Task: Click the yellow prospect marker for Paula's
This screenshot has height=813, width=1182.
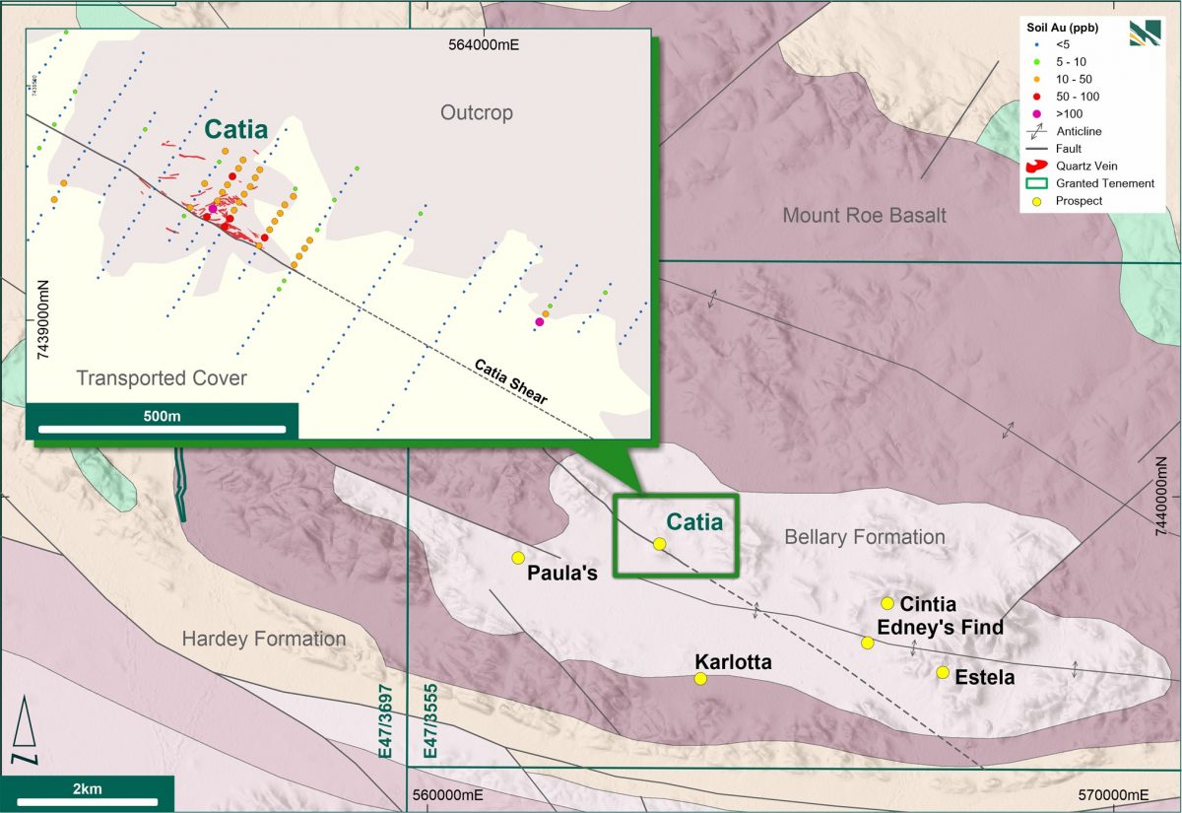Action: pyautogui.click(x=518, y=558)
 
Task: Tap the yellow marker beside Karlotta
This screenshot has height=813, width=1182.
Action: pyautogui.click(x=700, y=678)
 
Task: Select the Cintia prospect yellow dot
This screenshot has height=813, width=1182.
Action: pyautogui.click(x=887, y=603)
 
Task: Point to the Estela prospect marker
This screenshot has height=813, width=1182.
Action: pyautogui.click(x=943, y=672)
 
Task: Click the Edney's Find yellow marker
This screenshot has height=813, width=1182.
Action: pyautogui.click(x=868, y=643)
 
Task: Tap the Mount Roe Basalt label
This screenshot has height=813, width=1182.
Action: pyautogui.click(x=864, y=215)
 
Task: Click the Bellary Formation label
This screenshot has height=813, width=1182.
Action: pyautogui.click(x=864, y=537)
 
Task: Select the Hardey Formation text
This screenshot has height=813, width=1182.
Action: pyautogui.click(x=263, y=640)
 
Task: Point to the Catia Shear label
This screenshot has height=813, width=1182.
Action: pyautogui.click(x=511, y=380)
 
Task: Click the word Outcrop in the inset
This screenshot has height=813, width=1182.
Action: pyautogui.click(x=477, y=113)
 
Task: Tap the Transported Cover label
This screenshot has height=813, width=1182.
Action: pyautogui.click(x=162, y=378)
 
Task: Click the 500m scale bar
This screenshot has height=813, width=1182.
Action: pyautogui.click(x=162, y=429)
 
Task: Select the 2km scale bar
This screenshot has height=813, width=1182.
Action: pyautogui.click(x=88, y=799)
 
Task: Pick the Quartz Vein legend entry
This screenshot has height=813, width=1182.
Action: pyautogui.click(x=1070, y=166)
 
